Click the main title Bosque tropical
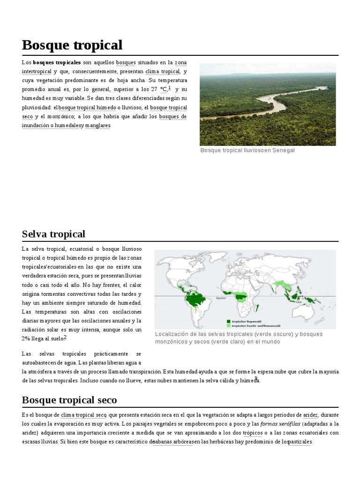(72, 45)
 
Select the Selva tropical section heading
(53, 234)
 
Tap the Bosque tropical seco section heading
(69, 400)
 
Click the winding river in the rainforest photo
(272, 103)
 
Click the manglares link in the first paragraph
(97, 125)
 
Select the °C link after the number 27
(163, 89)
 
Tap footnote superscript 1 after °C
(169, 88)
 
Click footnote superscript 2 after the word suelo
(65, 337)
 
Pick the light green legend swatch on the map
(228, 325)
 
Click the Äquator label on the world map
(221, 298)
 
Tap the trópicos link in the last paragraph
(253, 433)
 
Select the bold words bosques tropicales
(57, 62)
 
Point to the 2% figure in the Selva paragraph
(26, 338)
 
